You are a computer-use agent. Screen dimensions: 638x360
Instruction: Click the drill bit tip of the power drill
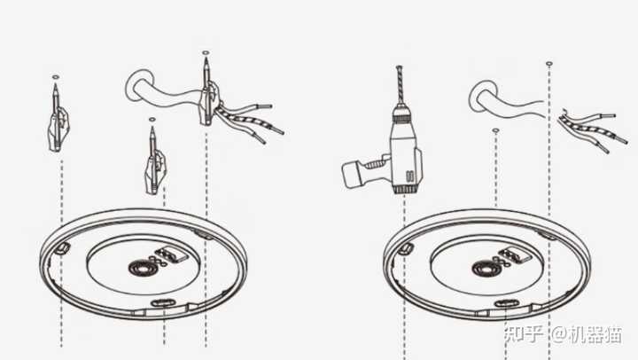[x=399, y=67]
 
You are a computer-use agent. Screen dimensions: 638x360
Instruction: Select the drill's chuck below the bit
[x=403, y=113]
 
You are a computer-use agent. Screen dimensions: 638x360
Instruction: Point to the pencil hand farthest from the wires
[x=58, y=125]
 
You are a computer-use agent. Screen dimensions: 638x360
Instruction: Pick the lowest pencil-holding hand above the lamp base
[x=155, y=168]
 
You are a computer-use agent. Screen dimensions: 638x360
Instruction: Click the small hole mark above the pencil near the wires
[x=206, y=53]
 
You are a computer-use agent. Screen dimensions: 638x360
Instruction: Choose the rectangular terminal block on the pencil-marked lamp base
[x=172, y=254]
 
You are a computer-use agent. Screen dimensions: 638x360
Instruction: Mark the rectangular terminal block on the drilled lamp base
[x=515, y=254]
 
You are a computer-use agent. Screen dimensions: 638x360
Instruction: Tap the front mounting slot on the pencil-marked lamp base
[x=162, y=302]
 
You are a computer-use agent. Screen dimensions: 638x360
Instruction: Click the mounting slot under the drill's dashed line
[x=405, y=247]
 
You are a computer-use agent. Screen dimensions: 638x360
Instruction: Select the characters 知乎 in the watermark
[x=524, y=334]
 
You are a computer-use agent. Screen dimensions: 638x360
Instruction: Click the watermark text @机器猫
[x=587, y=334]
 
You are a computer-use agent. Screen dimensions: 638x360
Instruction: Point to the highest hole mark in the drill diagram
[x=549, y=64]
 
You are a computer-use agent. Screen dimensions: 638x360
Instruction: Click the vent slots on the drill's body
[x=409, y=176]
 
